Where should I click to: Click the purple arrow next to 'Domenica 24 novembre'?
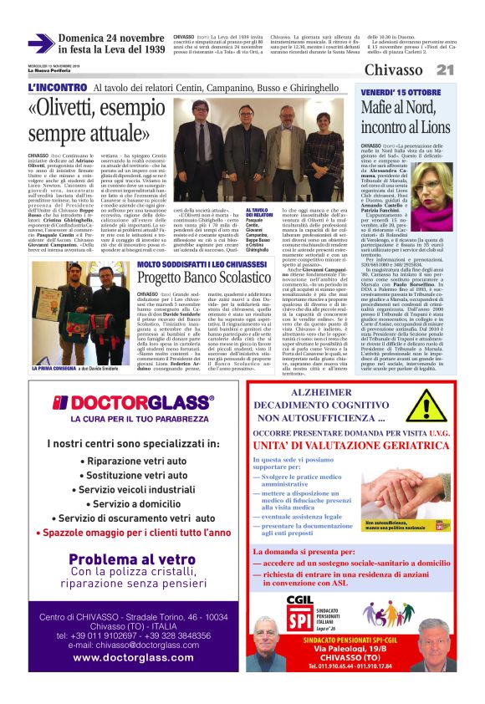click(x=41, y=43)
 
